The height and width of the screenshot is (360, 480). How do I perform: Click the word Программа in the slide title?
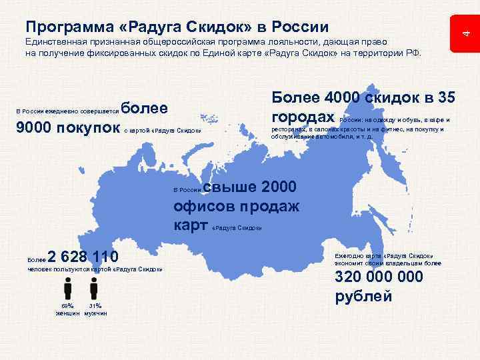click(x=63, y=27)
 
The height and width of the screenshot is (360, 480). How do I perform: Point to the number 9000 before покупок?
click(x=32, y=128)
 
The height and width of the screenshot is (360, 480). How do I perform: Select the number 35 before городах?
click(x=445, y=97)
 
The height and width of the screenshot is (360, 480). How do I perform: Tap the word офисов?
click(x=203, y=206)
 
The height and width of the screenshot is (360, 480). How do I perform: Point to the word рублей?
click(x=363, y=297)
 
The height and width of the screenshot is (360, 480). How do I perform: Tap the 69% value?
click(x=67, y=305)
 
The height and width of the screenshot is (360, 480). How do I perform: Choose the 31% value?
click(x=95, y=305)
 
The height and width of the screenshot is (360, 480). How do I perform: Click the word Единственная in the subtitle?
click(x=54, y=41)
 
